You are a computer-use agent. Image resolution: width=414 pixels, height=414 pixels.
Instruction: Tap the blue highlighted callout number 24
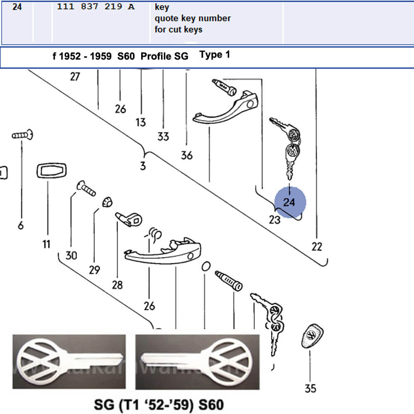point(289,202)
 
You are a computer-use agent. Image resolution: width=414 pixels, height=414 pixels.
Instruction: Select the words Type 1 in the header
point(214,55)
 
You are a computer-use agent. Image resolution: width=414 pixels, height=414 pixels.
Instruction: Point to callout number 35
point(310,388)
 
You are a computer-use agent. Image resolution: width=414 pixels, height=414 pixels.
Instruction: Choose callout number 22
point(317,247)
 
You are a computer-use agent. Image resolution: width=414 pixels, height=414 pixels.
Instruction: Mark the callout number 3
point(143,166)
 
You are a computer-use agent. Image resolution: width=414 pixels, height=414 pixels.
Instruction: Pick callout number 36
point(187,155)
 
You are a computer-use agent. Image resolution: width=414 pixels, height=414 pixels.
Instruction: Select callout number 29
point(94,270)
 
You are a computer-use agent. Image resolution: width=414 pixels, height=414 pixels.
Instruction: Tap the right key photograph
point(197,361)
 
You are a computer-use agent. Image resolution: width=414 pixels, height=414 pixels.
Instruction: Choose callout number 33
point(163,136)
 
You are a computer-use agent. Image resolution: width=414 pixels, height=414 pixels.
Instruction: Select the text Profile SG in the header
point(164,56)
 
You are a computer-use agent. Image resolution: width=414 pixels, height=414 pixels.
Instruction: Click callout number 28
point(117,284)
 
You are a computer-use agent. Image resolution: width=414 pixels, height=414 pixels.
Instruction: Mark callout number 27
point(75,77)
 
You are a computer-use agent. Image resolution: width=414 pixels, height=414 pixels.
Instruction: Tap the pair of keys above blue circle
point(290,147)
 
